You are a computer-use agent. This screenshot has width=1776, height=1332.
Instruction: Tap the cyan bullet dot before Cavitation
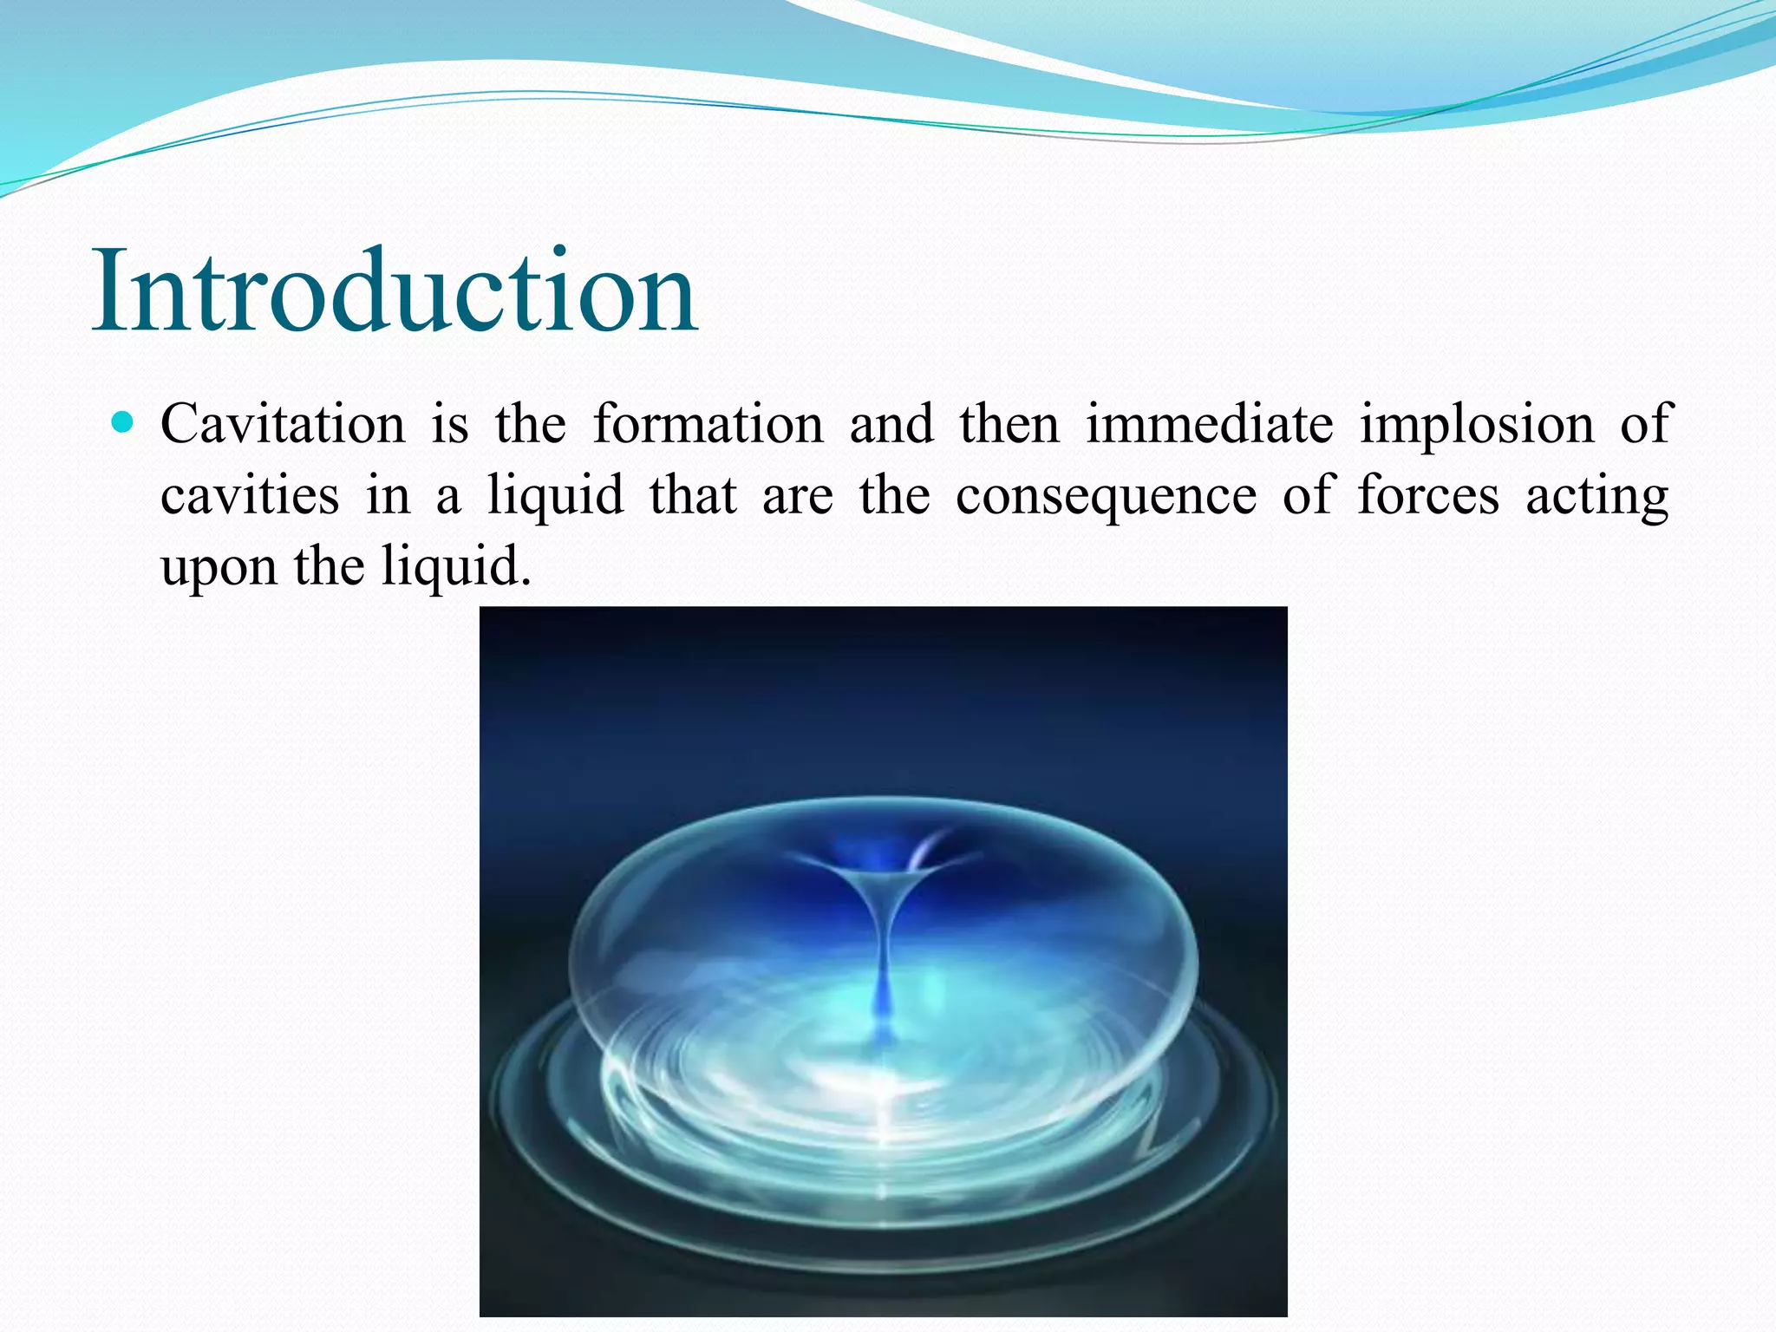pos(124,423)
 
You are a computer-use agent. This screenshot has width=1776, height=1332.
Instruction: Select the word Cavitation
pos(283,425)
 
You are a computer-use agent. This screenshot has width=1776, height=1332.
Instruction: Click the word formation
pos(708,425)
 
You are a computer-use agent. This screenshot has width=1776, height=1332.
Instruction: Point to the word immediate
pos(1210,425)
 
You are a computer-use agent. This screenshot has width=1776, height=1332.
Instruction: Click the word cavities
pos(250,496)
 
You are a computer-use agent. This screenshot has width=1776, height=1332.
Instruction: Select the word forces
pos(1427,496)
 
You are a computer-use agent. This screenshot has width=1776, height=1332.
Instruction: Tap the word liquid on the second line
pos(555,497)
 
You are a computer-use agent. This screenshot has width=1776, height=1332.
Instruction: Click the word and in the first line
pos(891,425)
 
